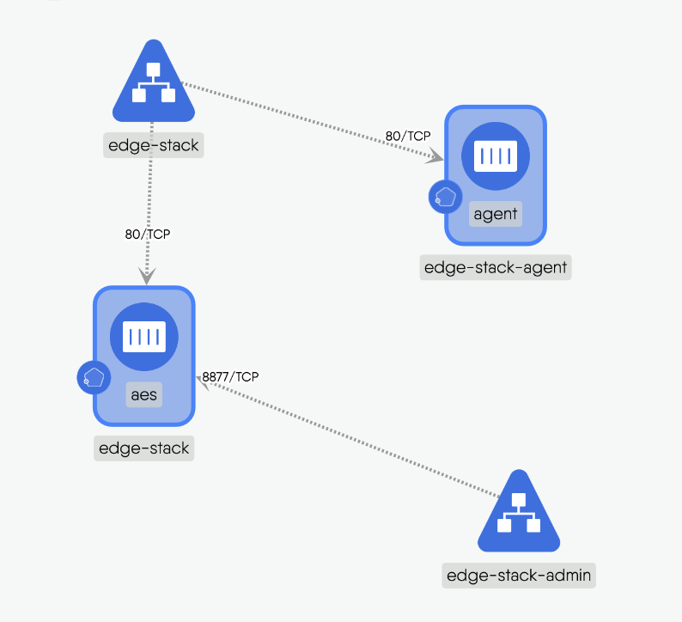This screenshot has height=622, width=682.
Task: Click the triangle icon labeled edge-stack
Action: click(x=153, y=86)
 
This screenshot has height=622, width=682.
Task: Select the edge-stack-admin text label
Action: click(x=519, y=575)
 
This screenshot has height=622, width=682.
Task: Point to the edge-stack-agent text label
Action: click(x=496, y=267)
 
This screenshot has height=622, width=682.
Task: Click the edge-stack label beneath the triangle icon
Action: click(x=153, y=144)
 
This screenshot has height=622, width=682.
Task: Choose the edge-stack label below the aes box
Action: click(x=143, y=448)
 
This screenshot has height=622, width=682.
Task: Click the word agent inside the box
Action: click(x=496, y=214)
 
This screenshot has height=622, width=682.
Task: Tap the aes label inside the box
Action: click(x=144, y=394)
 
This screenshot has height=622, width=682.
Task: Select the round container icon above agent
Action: click(x=496, y=156)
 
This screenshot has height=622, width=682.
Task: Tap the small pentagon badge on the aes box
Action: click(x=94, y=377)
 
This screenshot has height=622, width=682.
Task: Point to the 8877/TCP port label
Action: click(x=230, y=376)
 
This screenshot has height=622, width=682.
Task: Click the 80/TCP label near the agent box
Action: click(x=407, y=136)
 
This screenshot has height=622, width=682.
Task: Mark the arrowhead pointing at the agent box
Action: click(x=436, y=157)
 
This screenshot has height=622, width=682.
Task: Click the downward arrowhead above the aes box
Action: click(x=148, y=277)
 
